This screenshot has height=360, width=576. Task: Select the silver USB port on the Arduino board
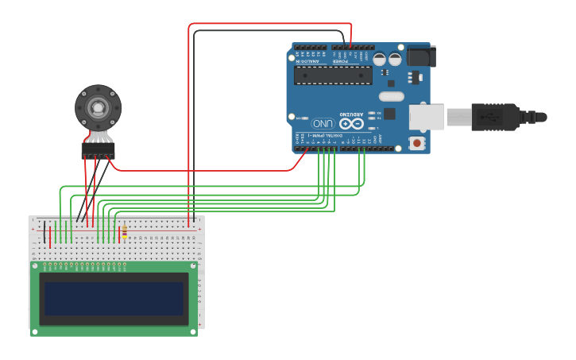pos(426,117)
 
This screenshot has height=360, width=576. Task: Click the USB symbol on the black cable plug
pos(486,117)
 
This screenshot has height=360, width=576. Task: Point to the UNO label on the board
pos(323,124)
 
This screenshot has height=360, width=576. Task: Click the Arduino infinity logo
pos(350,123)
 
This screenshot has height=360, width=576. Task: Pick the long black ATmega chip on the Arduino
pos(333,75)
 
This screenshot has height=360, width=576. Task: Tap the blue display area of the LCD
pos(114,299)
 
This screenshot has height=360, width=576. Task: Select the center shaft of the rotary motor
pos(98,106)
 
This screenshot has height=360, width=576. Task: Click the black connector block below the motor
pos(98,150)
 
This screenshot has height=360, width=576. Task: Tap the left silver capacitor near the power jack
pos(380,59)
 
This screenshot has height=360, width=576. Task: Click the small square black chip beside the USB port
pos(389,114)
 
